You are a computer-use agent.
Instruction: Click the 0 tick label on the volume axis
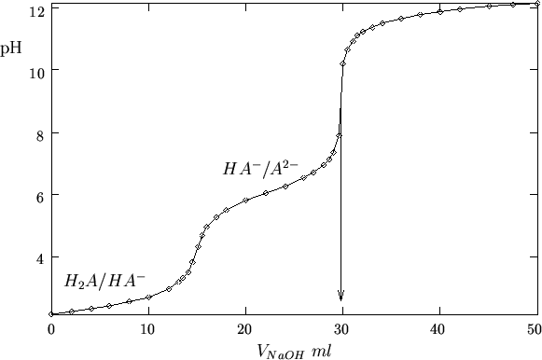click(51, 329)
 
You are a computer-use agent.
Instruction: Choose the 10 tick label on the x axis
click(148, 329)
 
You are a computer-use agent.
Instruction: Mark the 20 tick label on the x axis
click(245, 329)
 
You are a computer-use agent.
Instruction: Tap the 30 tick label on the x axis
click(342, 329)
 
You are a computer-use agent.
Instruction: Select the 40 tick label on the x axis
click(438, 329)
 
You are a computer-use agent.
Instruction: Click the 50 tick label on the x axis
click(534, 329)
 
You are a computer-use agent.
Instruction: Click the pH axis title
click(11, 44)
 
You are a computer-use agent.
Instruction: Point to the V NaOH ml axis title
click(295, 351)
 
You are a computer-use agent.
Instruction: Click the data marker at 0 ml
click(51, 314)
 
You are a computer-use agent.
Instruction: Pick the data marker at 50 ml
click(535, 5)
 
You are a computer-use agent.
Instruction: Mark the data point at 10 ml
click(148, 298)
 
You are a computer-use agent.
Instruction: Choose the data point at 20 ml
click(245, 201)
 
